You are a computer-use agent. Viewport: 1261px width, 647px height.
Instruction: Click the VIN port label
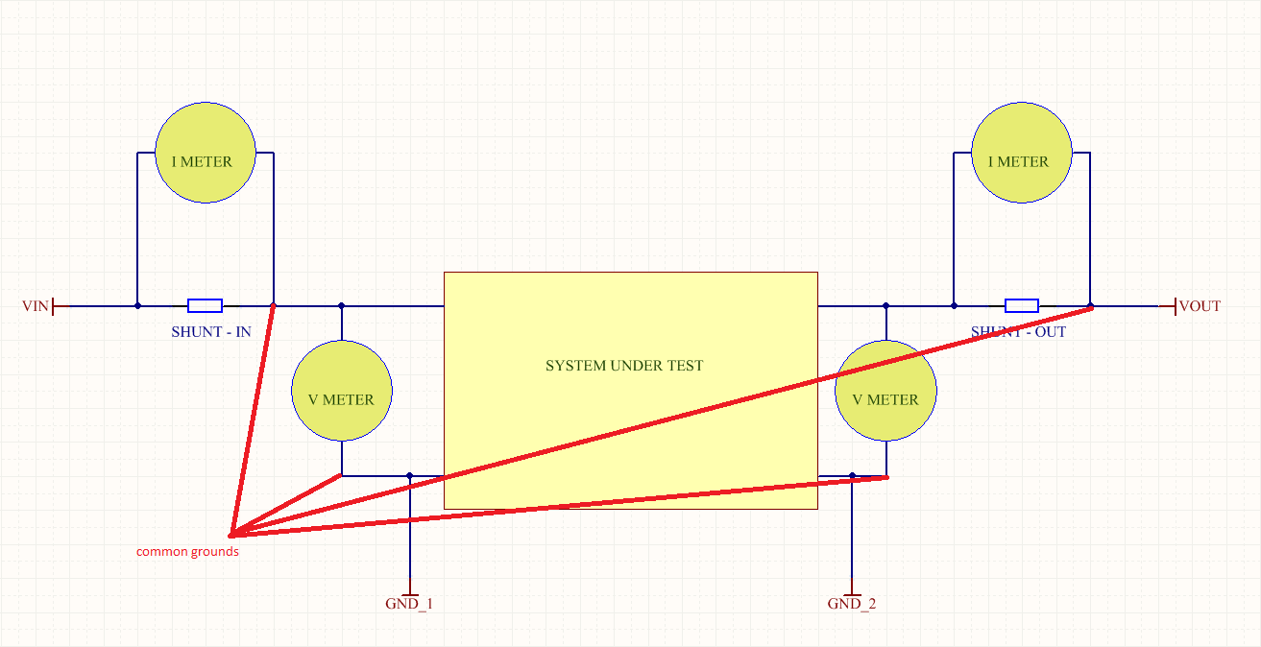tap(35, 306)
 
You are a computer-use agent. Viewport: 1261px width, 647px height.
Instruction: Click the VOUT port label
tap(1200, 306)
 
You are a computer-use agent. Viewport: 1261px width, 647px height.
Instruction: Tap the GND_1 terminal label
tap(409, 604)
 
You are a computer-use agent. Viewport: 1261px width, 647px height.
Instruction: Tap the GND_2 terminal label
tap(851, 604)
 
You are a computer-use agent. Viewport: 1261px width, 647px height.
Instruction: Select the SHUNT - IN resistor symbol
tap(205, 306)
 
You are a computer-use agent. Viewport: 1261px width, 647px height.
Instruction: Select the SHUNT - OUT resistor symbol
tap(1022, 306)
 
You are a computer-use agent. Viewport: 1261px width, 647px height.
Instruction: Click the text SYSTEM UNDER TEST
tap(624, 366)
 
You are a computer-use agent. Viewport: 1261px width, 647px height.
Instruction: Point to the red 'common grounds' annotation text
tap(187, 551)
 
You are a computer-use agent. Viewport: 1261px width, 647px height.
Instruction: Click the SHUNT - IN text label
tap(211, 332)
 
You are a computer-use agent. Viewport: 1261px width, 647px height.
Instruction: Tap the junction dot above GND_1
tap(410, 476)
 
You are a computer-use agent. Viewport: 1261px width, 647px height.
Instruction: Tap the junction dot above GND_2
tap(852, 476)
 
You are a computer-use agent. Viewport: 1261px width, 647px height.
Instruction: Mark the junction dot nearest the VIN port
tap(137, 306)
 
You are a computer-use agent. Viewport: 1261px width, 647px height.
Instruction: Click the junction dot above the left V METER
tap(341, 306)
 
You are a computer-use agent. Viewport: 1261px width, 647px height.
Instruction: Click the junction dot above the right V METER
tap(886, 306)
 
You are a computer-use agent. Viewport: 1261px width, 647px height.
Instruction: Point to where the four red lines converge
tap(231, 535)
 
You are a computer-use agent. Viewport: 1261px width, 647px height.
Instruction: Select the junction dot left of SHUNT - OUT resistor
tap(954, 306)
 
